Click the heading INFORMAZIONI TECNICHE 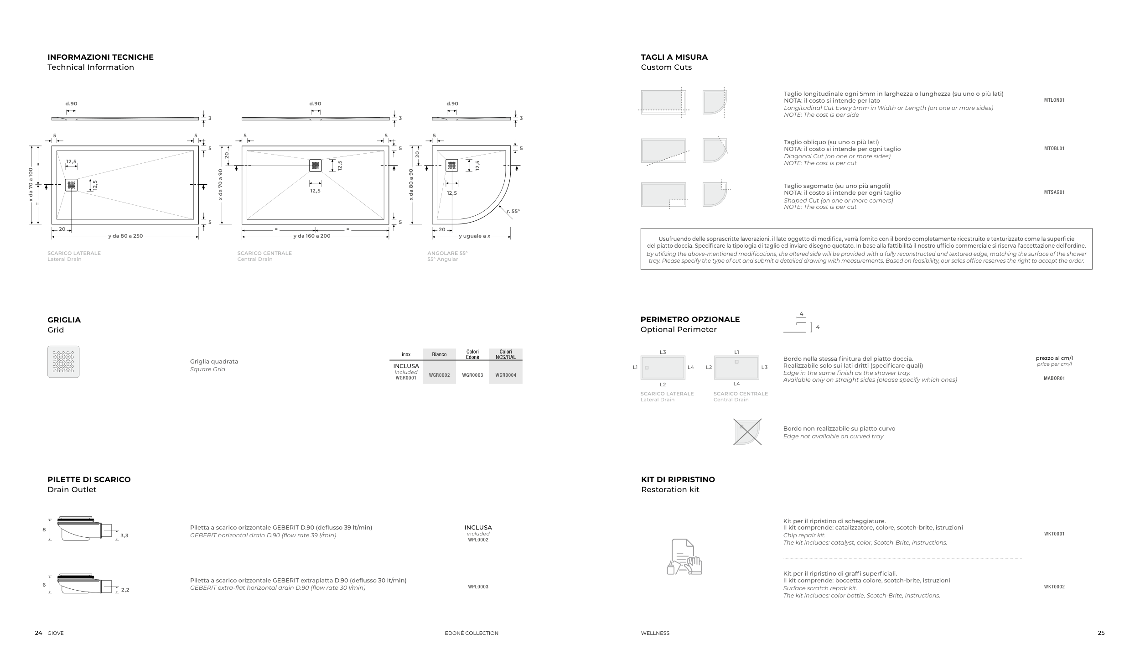click(x=100, y=57)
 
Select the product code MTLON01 click(x=1054, y=100)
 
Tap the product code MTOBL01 click(x=1054, y=149)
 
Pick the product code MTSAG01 click(x=1054, y=192)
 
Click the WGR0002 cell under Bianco click(x=439, y=375)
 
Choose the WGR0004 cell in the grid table click(x=506, y=375)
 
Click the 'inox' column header click(x=406, y=354)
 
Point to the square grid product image click(x=63, y=362)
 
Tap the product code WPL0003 click(x=478, y=587)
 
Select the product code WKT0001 click(x=1054, y=534)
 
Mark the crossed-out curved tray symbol click(x=747, y=432)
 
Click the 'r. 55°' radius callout click(x=513, y=212)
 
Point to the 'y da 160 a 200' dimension click(x=312, y=236)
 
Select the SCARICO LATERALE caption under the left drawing click(x=74, y=253)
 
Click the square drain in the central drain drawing click(x=315, y=166)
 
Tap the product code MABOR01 click(x=1054, y=379)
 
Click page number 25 click(x=1101, y=633)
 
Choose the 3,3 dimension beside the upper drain click(x=124, y=536)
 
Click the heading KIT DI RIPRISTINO click(x=678, y=479)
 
